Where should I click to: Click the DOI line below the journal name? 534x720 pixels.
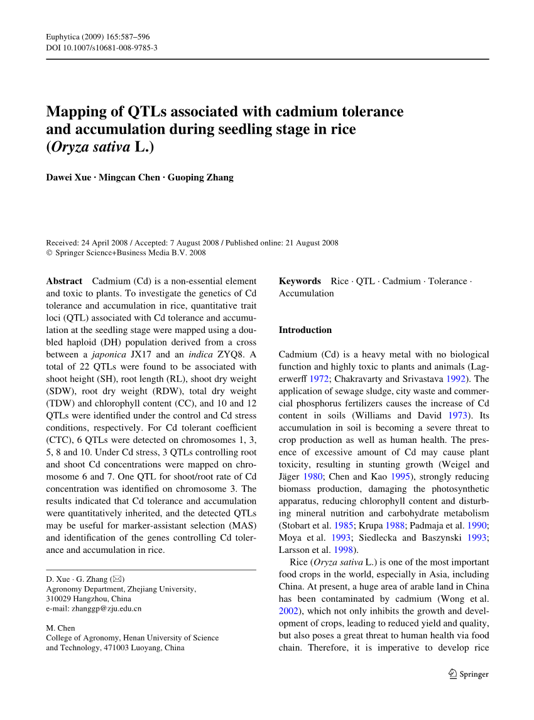click(102, 47)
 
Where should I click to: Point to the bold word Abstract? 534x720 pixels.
click(64, 281)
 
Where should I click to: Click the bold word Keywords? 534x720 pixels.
click(300, 281)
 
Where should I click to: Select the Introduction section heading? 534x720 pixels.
click(305, 330)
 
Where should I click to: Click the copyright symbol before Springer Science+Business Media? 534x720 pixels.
click(50, 253)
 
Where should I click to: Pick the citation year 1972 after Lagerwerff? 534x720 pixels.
click(311, 379)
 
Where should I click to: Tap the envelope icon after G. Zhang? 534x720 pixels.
click(117, 578)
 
